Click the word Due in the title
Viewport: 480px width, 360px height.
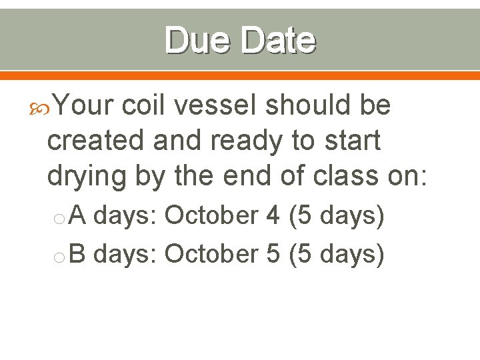[x=198, y=40]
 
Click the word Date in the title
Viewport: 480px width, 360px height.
[x=278, y=40]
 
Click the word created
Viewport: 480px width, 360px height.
[x=96, y=140]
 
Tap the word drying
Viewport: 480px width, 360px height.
[x=87, y=176]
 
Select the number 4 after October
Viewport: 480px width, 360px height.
[x=273, y=216]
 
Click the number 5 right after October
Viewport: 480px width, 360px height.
[x=273, y=254]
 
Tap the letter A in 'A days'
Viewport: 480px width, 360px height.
[x=78, y=216]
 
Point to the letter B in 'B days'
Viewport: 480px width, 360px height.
[x=78, y=254]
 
